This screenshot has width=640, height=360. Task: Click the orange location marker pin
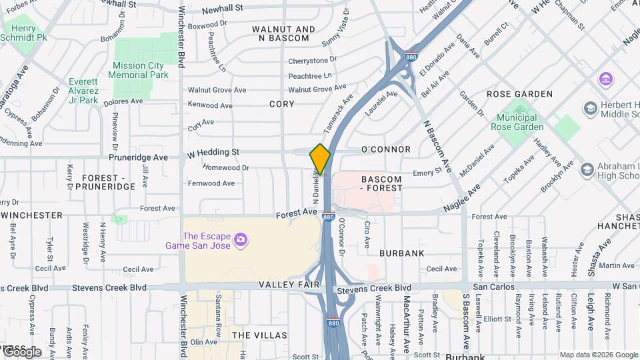(x=320, y=159)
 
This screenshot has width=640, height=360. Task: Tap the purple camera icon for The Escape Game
(x=241, y=239)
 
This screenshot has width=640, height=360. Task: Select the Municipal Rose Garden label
(x=517, y=122)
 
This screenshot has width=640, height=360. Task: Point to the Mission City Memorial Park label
(x=139, y=71)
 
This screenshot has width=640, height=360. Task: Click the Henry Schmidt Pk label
(x=29, y=33)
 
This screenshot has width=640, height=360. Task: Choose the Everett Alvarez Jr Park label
(x=83, y=91)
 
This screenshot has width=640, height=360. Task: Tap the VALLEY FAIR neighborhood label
(x=294, y=284)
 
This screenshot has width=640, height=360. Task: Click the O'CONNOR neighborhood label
(x=385, y=150)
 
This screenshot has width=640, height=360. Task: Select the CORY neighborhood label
(x=281, y=104)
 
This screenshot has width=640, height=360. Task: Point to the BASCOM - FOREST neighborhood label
(x=381, y=183)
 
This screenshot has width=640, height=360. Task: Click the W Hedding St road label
(x=213, y=153)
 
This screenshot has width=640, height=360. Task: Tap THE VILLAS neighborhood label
(x=259, y=335)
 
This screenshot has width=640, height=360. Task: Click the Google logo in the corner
(x=22, y=351)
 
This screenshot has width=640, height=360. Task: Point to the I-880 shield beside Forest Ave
(x=327, y=217)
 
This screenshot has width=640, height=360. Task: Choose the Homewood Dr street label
(x=226, y=168)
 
